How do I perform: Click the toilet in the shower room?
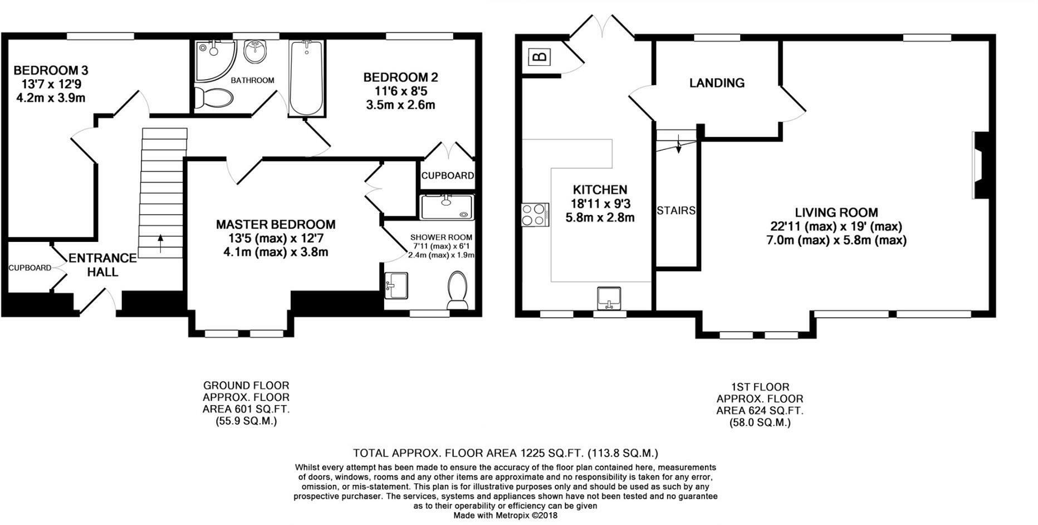coord(458,289)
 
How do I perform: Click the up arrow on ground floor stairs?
coord(161,244)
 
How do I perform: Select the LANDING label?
coord(717,83)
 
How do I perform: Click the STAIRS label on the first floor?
coord(676,211)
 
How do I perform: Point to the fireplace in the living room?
coord(981,166)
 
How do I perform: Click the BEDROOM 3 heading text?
coord(51,71)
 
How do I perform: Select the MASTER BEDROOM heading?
coord(276,225)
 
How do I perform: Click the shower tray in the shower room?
coord(447,207)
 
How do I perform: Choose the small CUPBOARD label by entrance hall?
coord(30,268)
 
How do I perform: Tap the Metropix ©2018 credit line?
coord(505,516)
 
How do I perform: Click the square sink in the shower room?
coord(396,285)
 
